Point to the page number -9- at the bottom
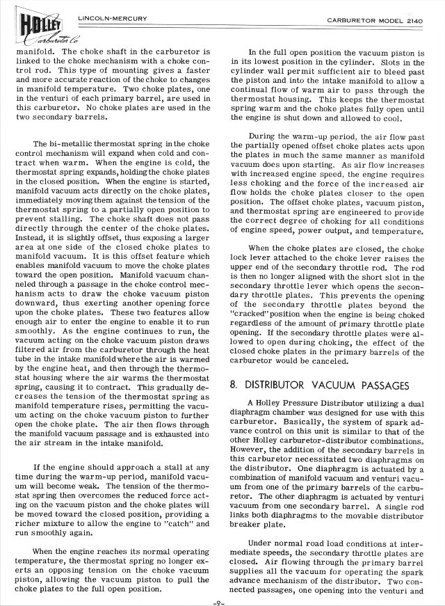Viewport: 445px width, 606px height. tap(222, 602)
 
